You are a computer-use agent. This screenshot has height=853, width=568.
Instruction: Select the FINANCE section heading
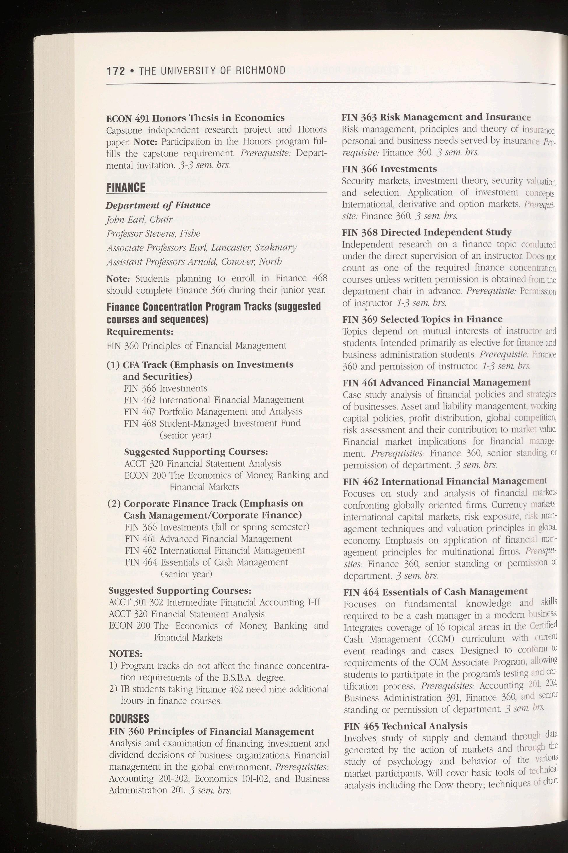tap(126, 188)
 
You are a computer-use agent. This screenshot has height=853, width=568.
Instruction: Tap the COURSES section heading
tap(129, 718)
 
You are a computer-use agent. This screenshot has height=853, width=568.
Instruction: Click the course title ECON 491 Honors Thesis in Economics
tap(195, 118)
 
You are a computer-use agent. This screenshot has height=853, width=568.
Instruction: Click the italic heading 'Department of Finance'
tap(158, 205)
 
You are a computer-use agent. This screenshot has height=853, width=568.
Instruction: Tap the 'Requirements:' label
tap(140, 332)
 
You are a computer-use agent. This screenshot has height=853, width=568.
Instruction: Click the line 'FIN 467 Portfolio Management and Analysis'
tap(213, 411)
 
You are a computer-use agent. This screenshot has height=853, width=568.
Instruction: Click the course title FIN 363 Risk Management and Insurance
tap(436, 117)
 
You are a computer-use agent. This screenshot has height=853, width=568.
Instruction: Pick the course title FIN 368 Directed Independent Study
tap(427, 232)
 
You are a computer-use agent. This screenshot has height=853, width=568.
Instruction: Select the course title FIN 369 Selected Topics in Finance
tap(422, 319)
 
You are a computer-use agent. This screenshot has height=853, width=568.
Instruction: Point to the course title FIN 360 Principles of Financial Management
tap(212, 732)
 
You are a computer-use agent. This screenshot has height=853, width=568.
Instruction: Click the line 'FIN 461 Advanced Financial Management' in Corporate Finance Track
tap(208, 539)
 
